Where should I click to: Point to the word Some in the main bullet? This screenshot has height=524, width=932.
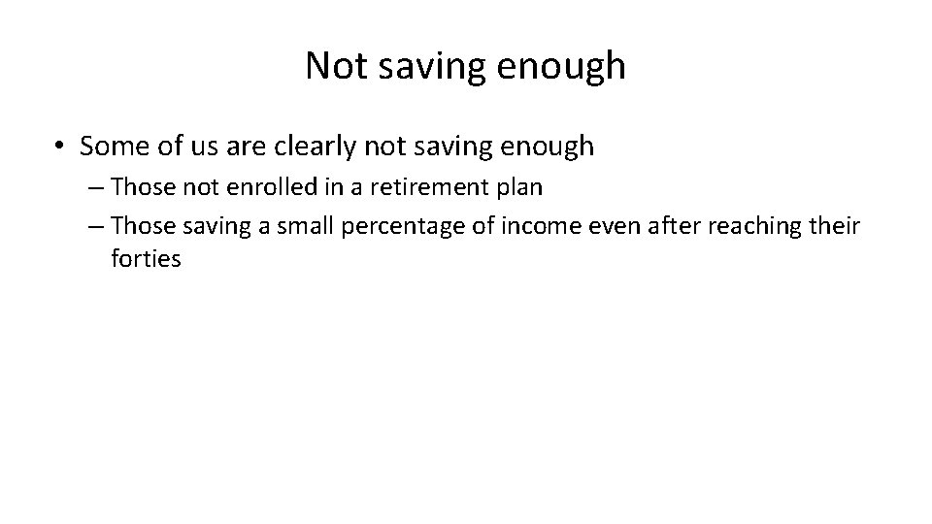112,147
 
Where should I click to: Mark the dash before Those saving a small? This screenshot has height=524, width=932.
95,226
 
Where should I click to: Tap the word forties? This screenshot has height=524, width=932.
146,260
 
